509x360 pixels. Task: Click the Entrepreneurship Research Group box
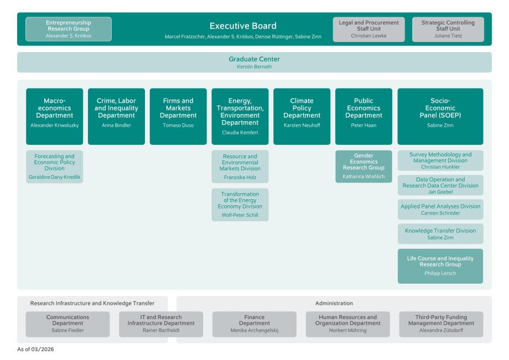(x=69, y=29)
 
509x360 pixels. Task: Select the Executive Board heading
(x=243, y=26)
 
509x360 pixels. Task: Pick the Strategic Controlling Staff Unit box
(x=448, y=29)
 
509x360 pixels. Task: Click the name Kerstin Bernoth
(x=254, y=67)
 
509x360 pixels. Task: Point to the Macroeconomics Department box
(x=54, y=116)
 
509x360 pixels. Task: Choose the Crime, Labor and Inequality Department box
(x=116, y=116)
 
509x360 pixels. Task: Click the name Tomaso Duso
(x=178, y=125)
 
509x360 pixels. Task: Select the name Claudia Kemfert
(x=240, y=133)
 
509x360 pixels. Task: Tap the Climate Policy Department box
(x=302, y=116)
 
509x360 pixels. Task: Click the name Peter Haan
(x=363, y=125)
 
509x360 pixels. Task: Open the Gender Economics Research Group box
(x=363, y=166)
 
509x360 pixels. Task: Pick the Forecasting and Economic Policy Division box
(x=54, y=166)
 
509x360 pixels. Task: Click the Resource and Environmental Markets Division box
(x=240, y=166)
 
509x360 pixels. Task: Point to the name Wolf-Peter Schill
(x=240, y=215)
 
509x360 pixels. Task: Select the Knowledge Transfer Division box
(x=440, y=233)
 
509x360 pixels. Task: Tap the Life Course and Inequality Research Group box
(x=440, y=266)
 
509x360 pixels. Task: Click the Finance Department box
(x=254, y=324)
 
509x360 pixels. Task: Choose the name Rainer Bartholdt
(x=161, y=330)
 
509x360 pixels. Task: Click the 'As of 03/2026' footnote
(x=35, y=350)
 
